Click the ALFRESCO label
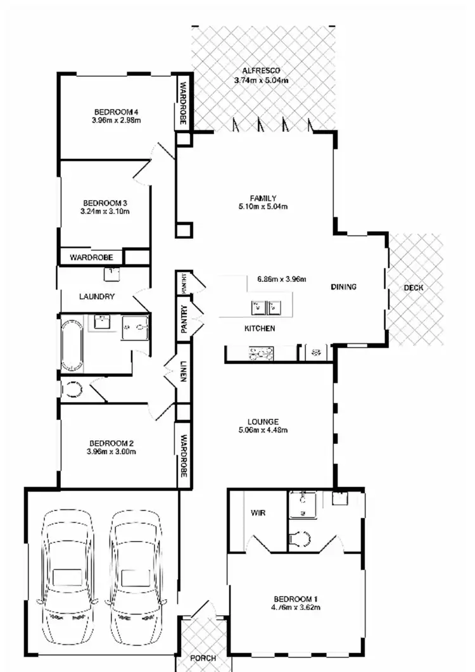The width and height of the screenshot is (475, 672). click(x=261, y=70)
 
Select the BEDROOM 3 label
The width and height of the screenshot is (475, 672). click(x=105, y=203)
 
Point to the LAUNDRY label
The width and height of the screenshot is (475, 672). click(x=96, y=296)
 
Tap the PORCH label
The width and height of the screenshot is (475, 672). click(x=203, y=659)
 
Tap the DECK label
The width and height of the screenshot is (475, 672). click(x=414, y=288)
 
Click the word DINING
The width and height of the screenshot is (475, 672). click(x=344, y=287)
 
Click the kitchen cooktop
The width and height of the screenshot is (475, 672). click(x=261, y=352)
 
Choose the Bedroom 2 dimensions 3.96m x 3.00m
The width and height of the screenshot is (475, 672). click(x=112, y=452)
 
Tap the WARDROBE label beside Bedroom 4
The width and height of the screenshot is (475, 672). click(x=183, y=101)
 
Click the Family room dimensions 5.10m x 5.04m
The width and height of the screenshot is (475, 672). click(x=263, y=206)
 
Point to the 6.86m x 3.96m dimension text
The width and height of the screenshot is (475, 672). click(x=282, y=279)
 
